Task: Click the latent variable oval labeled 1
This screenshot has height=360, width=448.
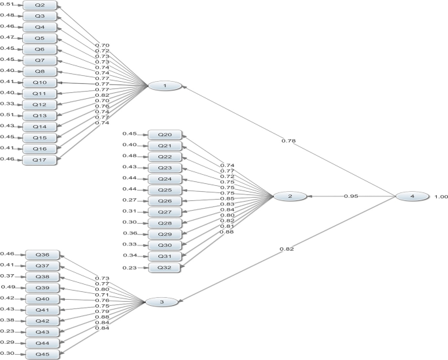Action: pos(164,86)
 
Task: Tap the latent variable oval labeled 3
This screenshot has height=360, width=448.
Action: pos(161,302)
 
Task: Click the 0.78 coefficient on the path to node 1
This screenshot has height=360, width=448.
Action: pos(288,141)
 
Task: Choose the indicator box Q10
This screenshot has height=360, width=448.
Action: pos(39,82)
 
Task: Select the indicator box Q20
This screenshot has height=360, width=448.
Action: pos(165,134)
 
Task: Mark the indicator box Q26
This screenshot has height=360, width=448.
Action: pos(165,201)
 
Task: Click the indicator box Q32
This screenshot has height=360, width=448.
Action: pos(165,268)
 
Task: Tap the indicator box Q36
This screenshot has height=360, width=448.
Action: pos(43,255)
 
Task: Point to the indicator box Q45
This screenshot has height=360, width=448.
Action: pos(43,354)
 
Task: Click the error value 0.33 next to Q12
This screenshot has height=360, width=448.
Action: pos(7,103)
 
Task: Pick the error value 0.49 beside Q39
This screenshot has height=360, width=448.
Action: pos(9,287)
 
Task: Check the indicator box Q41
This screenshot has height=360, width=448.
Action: pos(43,310)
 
